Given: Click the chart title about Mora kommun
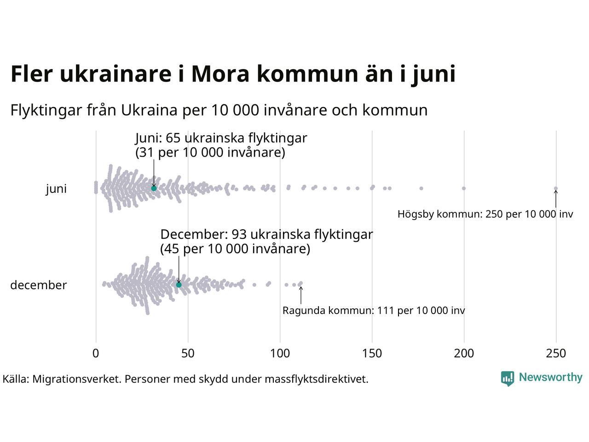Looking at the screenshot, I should pyautogui.click(x=233, y=74).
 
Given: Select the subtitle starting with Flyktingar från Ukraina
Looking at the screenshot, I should pyautogui.click(x=219, y=110).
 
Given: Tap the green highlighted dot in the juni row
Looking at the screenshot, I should pyautogui.click(x=154, y=188).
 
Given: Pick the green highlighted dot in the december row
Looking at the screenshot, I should pyautogui.click(x=179, y=285).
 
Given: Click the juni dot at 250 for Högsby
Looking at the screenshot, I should pyautogui.click(x=556, y=188).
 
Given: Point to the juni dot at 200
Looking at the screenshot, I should pyautogui.click(x=464, y=188).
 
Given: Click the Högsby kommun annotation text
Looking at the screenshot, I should pyautogui.click(x=485, y=214).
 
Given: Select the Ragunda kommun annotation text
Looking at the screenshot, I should pyautogui.click(x=374, y=311).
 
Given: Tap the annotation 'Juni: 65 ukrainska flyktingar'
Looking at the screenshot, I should pyautogui.click(x=221, y=138).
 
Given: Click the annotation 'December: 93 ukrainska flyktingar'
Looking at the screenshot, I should pyautogui.click(x=266, y=235).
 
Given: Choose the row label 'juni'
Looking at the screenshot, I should pyautogui.click(x=56, y=189).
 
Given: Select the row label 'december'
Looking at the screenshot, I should pyautogui.click(x=39, y=285).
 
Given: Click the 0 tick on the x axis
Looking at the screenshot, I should pyautogui.click(x=96, y=354).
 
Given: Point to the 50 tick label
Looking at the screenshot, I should pyautogui.click(x=188, y=354).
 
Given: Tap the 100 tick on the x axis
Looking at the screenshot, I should pyautogui.click(x=280, y=354).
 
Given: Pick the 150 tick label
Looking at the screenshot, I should pyautogui.click(x=372, y=354).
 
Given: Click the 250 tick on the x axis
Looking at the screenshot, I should pyautogui.click(x=556, y=354).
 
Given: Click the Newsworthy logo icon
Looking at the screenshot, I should pyautogui.click(x=508, y=378).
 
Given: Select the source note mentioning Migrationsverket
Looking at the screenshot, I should pyautogui.click(x=185, y=379).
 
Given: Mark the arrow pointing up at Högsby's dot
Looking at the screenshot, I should pyautogui.click(x=556, y=199).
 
